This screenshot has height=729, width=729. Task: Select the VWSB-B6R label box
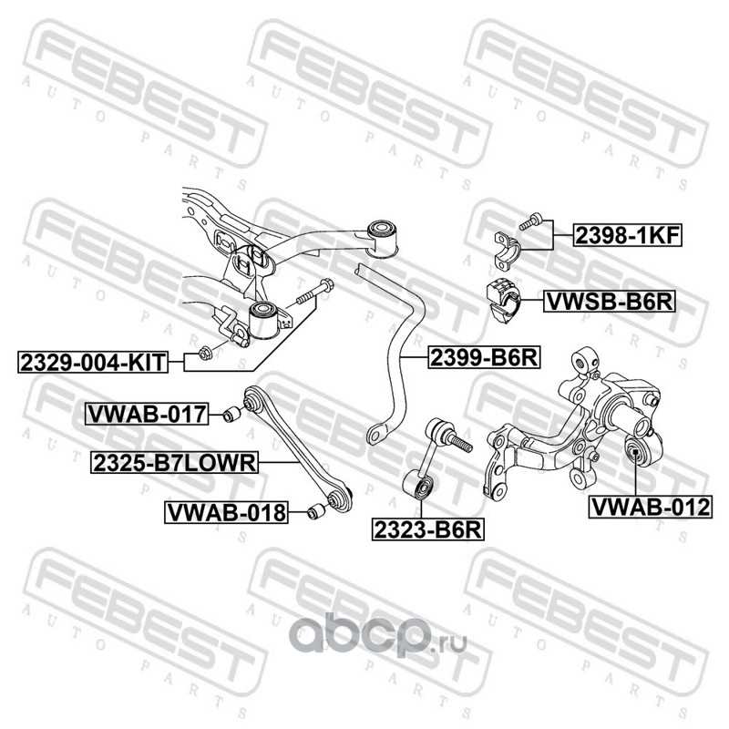[x=609, y=302]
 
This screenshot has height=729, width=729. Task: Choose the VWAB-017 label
[x=147, y=415]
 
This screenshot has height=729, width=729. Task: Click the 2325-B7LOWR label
[x=174, y=464]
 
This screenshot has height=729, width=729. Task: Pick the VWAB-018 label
[x=224, y=512]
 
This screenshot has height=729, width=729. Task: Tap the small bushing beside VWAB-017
[x=231, y=416]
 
